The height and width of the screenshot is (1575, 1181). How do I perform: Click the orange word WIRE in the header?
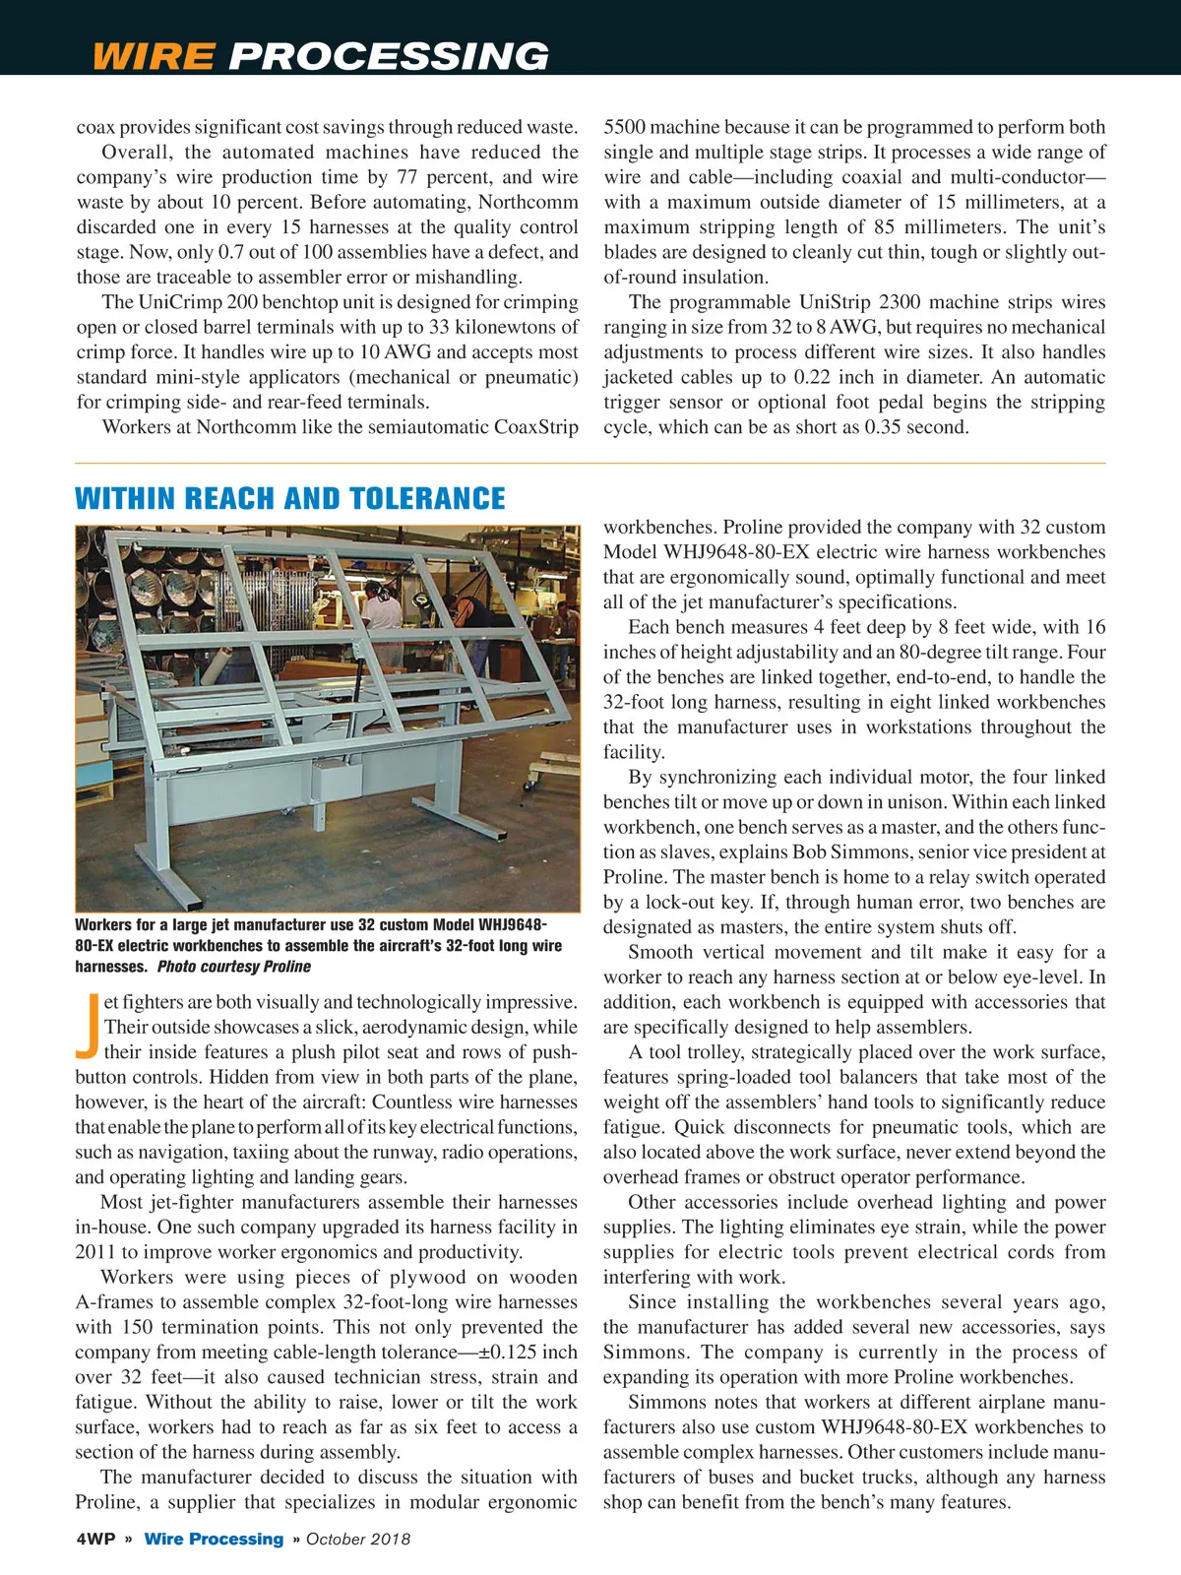click(153, 56)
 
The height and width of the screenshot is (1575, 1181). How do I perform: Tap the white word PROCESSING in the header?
click(389, 56)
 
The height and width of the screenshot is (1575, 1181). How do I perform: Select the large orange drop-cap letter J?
click(87, 1026)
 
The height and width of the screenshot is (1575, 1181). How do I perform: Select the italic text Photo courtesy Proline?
click(234, 967)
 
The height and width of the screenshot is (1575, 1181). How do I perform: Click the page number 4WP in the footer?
click(95, 1540)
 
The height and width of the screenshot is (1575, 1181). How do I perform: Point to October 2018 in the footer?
click(358, 1540)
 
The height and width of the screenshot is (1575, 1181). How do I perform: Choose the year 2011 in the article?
click(95, 1252)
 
